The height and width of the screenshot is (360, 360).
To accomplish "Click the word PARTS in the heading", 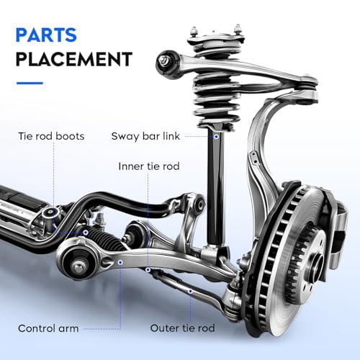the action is click(x=46, y=35).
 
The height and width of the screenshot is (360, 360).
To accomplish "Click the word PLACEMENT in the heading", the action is click(x=74, y=59).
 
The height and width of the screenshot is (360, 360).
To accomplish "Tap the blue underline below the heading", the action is click(x=30, y=84).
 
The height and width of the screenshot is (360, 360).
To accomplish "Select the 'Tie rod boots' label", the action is click(x=51, y=136).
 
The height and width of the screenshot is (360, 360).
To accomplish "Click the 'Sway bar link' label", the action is click(x=145, y=136).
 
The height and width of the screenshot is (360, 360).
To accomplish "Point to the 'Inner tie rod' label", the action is click(x=149, y=166).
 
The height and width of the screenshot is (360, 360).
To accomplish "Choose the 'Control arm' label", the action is click(x=48, y=328).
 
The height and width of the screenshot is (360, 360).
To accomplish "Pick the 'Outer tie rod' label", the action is click(x=182, y=328).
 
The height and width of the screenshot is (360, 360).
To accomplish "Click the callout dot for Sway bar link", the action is click(x=216, y=136).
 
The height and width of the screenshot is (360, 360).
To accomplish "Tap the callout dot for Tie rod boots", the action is click(x=86, y=233).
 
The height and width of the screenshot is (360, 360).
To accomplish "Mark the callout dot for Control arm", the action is click(x=120, y=262).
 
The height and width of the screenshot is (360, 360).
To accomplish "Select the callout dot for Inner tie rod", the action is click(x=148, y=270).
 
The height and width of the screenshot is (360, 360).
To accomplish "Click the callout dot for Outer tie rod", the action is click(x=190, y=292).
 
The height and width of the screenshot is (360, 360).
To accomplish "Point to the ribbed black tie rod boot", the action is click(x=106, y=238).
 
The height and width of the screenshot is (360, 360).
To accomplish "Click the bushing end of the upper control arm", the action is click(x=167, y=64).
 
